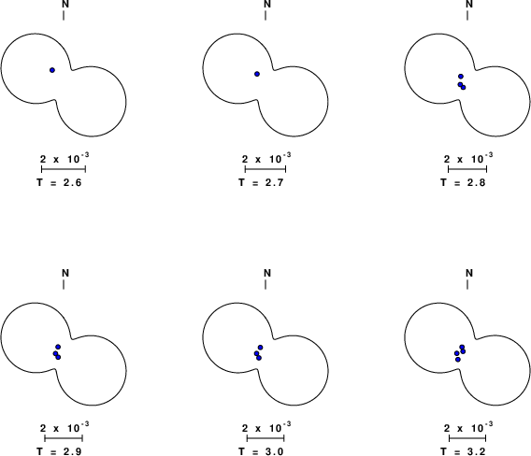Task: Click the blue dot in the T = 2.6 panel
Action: coord(52,70)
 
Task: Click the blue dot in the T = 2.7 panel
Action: coord(257,74)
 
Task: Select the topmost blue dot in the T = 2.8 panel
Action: coord(461,77)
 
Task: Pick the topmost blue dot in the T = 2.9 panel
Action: coord(58,347)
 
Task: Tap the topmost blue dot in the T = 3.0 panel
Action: coord(260,348)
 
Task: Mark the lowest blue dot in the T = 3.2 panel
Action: coord(458,360)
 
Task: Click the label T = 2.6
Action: coord(59,183)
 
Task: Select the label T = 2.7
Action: coord(261,183)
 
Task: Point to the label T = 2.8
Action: coord(463,183)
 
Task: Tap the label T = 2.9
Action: coord(59,451)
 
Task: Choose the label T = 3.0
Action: coord(261,451)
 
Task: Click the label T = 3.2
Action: coord(463,451)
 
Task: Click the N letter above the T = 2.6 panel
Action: coord(65,4)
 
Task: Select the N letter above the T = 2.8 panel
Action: coord(469,4)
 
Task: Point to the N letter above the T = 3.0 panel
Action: coord(267,273)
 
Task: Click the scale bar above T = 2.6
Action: coord(64,169)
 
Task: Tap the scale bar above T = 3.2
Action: coord(467,438)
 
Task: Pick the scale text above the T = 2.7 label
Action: coord(266,158)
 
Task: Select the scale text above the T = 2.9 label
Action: coord(65,427)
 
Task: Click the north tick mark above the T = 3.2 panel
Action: coord(467,285)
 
